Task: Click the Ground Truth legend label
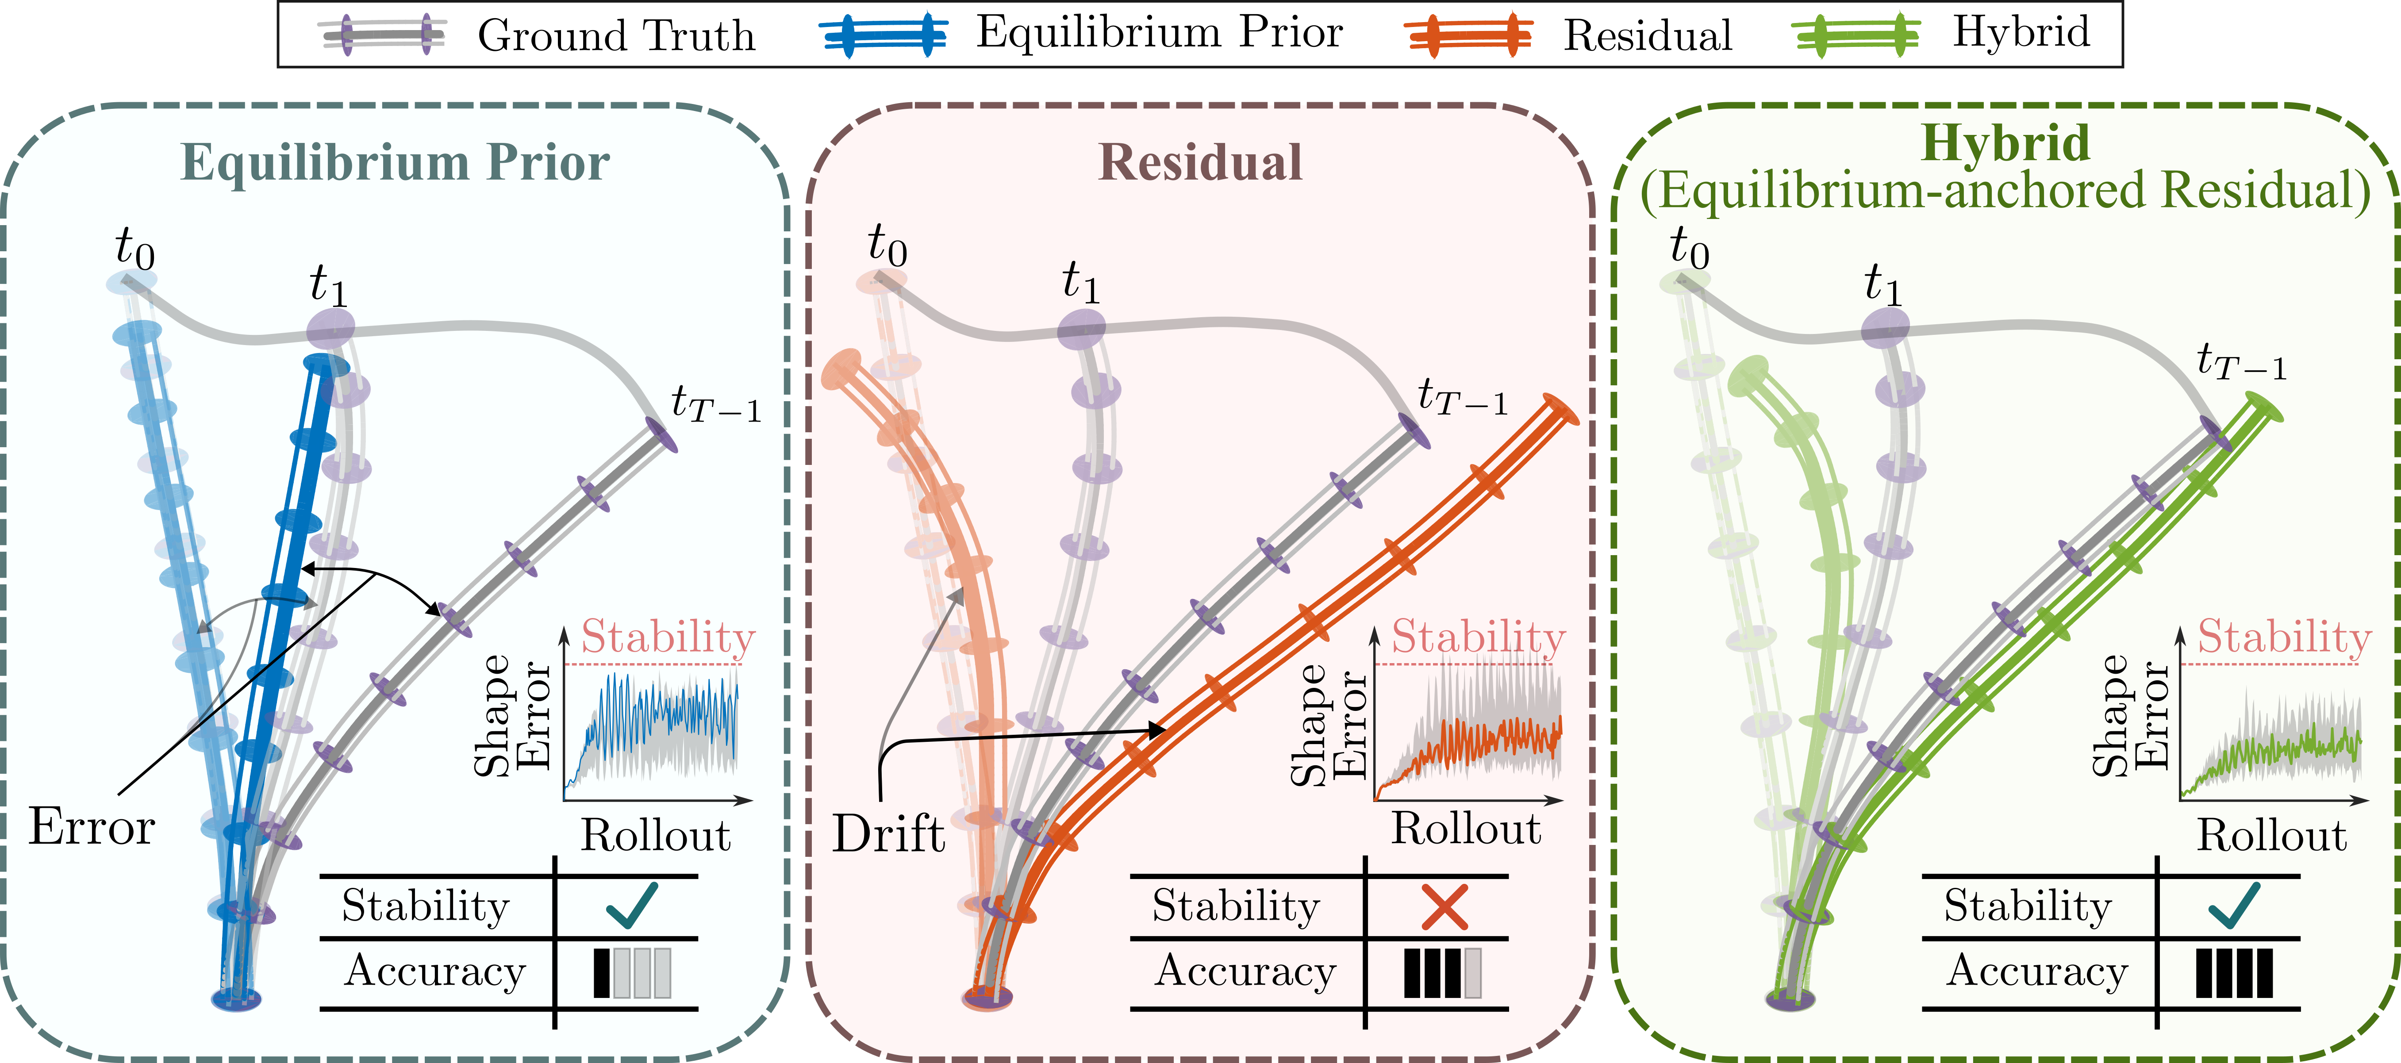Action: coord(616,35)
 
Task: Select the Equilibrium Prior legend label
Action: coord(1160,34)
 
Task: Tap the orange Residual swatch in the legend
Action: coord(1468,35)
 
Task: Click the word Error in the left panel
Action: coord(91,826)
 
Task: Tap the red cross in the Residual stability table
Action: coord(1444,906)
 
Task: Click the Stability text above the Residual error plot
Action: coord(1478,637)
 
